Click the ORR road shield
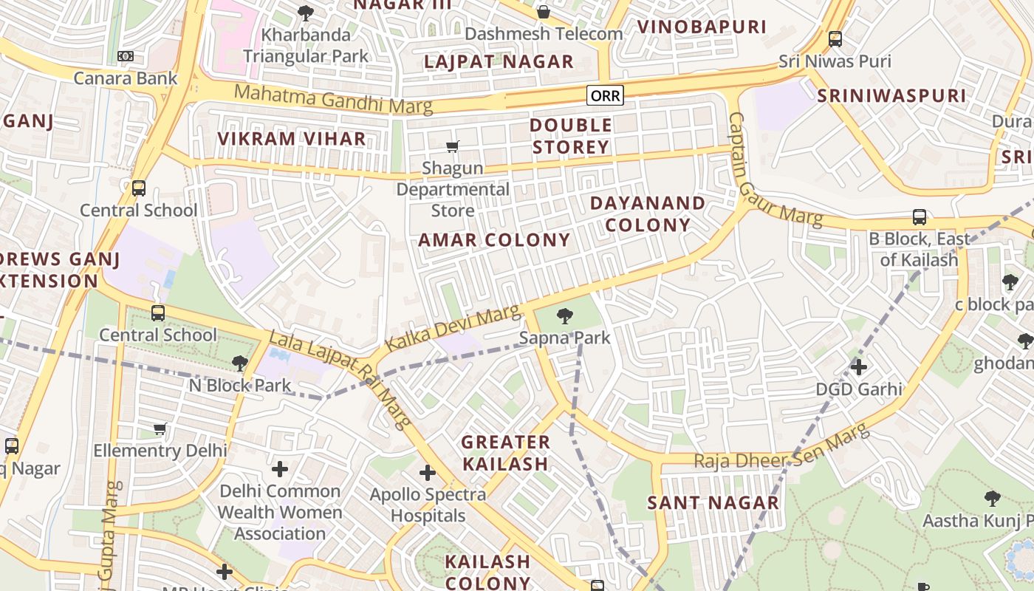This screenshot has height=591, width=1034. [x=605, y=95]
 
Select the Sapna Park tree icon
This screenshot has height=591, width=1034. [x=565, y=316]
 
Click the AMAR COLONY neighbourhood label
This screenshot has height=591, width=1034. [x=494, y=240]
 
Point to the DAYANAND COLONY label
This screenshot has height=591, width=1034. [x=648, y=214]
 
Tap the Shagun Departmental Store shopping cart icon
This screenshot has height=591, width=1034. [x=453, y=147]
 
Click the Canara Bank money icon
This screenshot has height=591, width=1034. [x=126, y=56]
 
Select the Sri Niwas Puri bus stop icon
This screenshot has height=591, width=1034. [x=835, y=38]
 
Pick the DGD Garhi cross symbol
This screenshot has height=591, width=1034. [x=858, y=366]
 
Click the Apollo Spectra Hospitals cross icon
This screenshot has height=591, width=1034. [x=428, y=473]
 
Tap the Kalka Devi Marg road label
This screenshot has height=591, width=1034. [x=453, y=329]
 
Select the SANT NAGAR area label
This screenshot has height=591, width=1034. [x=713, y=503]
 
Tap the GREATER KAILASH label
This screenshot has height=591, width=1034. [x=506, y=453]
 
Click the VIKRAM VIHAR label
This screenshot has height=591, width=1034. [x=291, y=138]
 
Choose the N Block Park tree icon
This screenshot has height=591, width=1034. [x=239, y=363]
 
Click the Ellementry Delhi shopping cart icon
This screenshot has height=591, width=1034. [x=160, y=428]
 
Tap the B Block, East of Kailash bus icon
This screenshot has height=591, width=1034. [x=920, y=217]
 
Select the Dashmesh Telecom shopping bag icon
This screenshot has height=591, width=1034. [x=544, y=12]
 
